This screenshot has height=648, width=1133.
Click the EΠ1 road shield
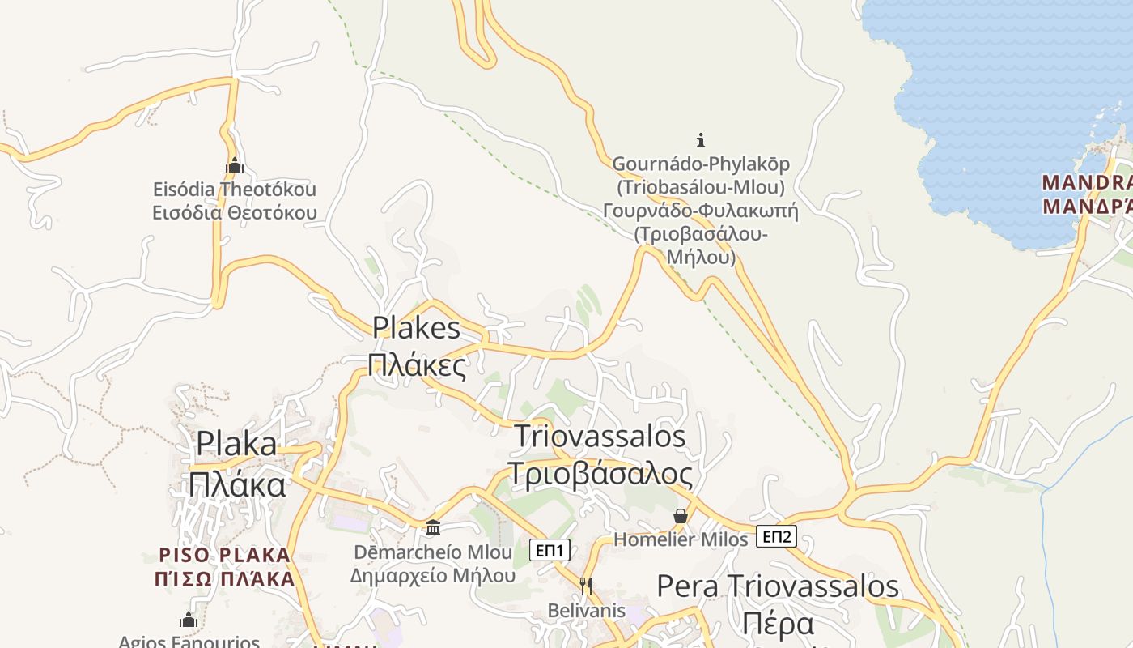(550, 551)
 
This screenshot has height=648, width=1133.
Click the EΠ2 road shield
(777, 536)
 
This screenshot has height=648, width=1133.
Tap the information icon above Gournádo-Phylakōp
(701, 139)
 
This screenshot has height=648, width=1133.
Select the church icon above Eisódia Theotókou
(235, 166)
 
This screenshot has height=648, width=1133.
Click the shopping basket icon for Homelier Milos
(681, 516)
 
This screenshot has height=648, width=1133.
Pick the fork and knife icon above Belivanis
(586, 586)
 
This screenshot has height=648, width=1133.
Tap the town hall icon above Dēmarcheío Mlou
(433, 528)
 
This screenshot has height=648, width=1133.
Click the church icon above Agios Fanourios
(189, 620)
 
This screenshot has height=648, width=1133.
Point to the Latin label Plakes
(416, 328)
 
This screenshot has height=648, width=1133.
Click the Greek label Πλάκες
(417, 364)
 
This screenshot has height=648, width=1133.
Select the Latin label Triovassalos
(600, 437)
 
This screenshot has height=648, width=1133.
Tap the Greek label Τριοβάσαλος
(600, 474)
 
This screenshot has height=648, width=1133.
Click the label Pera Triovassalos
(777, 586)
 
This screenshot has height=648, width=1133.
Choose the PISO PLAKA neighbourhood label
(225, 556)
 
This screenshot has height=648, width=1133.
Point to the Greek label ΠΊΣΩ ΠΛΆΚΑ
(225, 579)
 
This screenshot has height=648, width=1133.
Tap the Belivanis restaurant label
(587, 610)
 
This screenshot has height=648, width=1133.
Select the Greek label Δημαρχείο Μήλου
(433, 576)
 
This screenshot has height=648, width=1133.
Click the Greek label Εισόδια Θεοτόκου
(235, 213)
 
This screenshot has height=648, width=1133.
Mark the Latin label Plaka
(237, 444)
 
